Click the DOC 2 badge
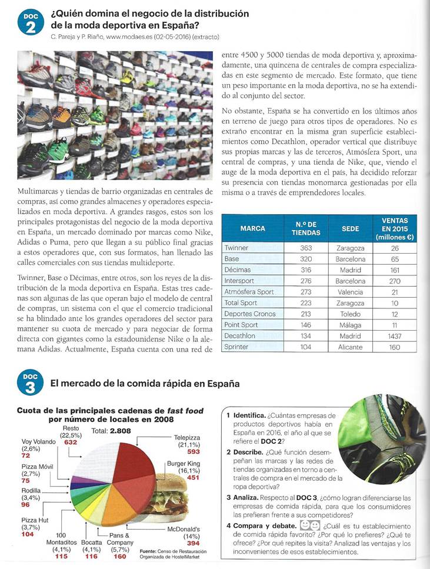coord(29,22)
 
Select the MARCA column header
coord(253,228)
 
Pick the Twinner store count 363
coord(306,248)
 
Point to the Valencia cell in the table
coord(350,292)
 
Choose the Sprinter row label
coord(236,347)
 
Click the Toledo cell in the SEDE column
coord(350,314)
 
